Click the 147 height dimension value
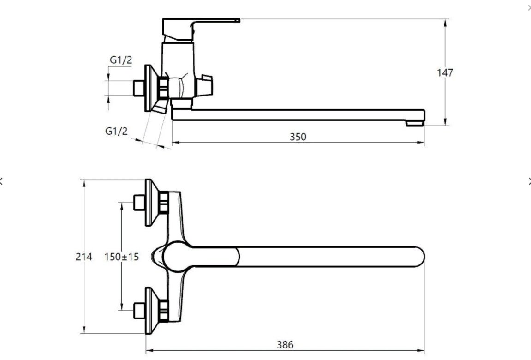445,72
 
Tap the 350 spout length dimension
298,137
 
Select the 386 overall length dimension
285,345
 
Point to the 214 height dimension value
84,257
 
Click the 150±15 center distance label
122,257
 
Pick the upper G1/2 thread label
121,60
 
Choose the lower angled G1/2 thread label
117,131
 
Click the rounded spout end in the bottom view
419,257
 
